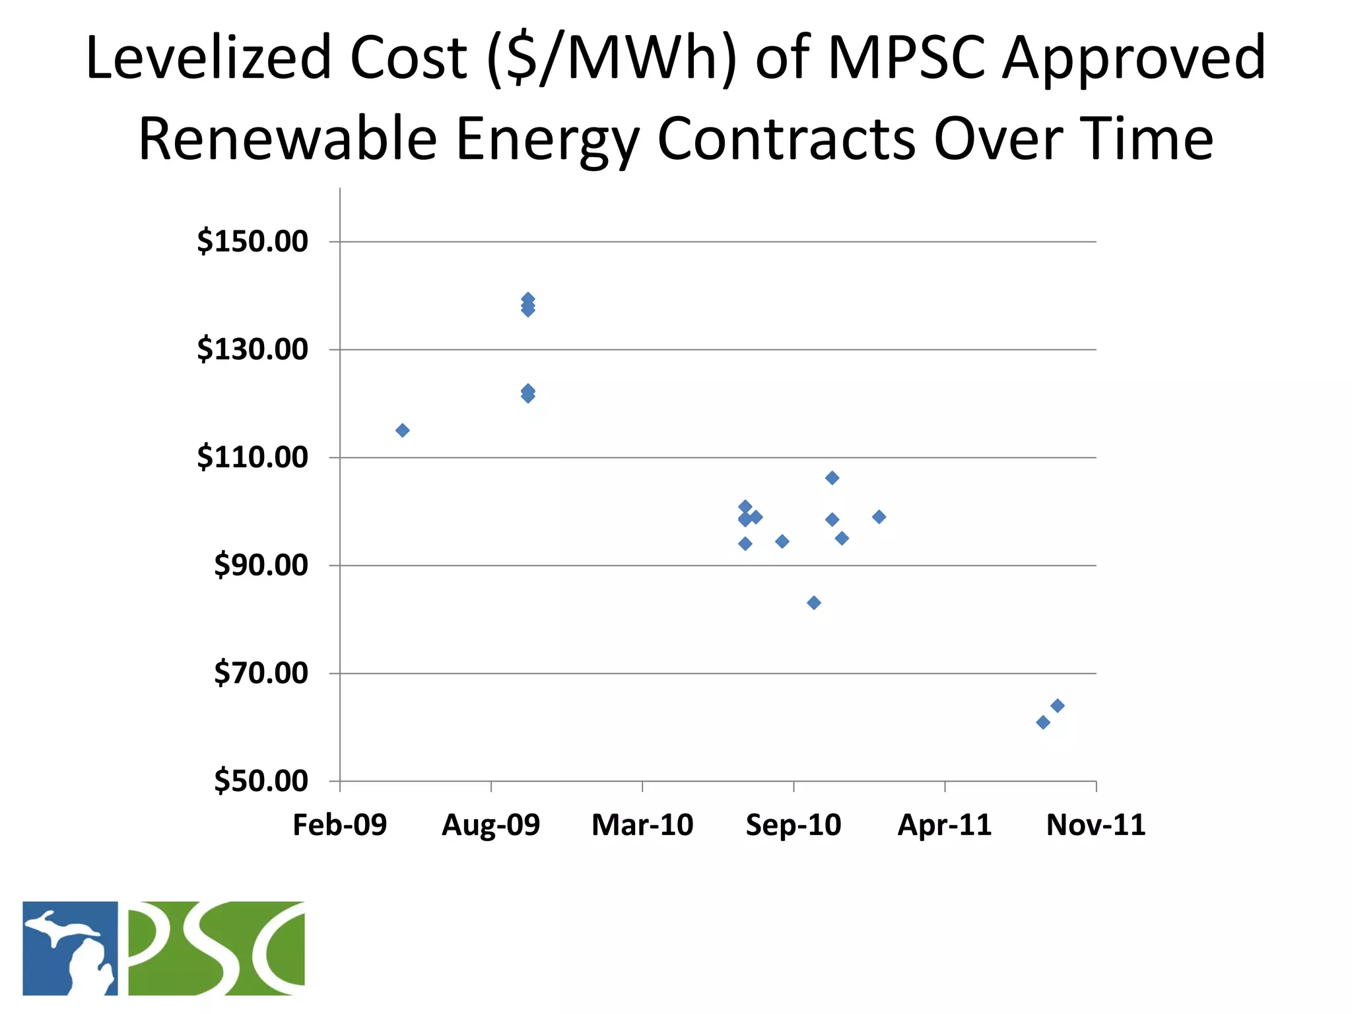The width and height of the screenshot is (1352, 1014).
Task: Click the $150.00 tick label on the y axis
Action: tap(252, 242)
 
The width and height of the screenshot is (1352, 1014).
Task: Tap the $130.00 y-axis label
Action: tap(252, 349)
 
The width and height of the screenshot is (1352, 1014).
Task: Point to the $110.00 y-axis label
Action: tap(252, 457)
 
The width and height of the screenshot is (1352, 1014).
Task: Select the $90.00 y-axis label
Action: tap(261, 566)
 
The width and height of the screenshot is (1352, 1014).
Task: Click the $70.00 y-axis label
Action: tap(261, 673)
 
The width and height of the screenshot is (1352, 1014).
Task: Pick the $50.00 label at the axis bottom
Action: tap(261, 782)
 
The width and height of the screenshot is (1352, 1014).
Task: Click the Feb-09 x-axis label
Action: tap(339, 825)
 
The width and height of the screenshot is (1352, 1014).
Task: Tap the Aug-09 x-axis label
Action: tap(490, 825)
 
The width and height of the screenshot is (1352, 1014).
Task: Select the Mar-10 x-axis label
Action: tap(642, 825)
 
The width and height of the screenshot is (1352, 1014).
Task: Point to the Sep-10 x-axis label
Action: tap(794, 825)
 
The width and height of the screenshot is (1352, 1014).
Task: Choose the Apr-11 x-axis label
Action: tap(945, 825)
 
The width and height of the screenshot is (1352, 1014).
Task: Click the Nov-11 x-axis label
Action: tap(1096, 825)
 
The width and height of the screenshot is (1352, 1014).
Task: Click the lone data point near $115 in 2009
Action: tap(402, 430)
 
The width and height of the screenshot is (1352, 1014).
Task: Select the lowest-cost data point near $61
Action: tap(1043, 722)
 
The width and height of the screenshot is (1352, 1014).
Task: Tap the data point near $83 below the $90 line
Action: tap(814, 603)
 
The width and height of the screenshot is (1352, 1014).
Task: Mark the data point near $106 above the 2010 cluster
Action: tap(832, 478)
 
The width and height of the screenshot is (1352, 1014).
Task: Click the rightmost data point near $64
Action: tap(1058, 706)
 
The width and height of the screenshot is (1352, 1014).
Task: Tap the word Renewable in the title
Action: tap(288, 139)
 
